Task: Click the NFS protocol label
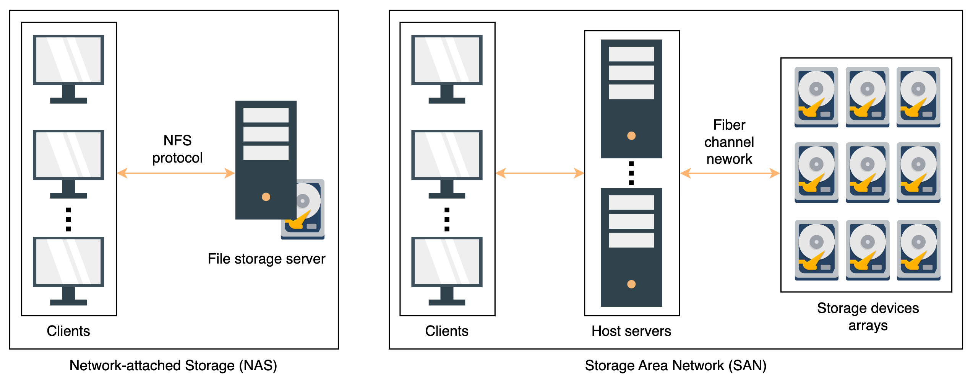click(x=177, y=149)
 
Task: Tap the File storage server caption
click(x=266, y=259)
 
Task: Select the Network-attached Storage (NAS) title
click(x=173, y=366)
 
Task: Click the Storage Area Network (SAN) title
click(x=676, y=366)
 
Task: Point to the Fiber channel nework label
click(x=729, y=142)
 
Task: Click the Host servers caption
click(x=631, y=331)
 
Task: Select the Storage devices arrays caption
click(x=868, y=317)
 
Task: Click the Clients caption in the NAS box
click(x=68, y=331)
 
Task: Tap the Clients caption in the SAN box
click(x=447, y=331)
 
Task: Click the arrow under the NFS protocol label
click(x=176, y=173)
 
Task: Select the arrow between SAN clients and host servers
click(x=540, y=173)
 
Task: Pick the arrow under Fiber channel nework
click(x=730, y=173)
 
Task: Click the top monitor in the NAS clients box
click(x=68, y=69)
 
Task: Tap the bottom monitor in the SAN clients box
click(x=447, y=271)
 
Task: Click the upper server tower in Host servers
click(x=631, y=99)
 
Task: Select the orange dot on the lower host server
click(x=631, y=284)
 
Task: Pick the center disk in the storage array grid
click(x=868, y=173)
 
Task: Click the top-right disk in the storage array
click(x=918, y=97)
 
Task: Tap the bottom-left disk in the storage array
click(x=817, y=250)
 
